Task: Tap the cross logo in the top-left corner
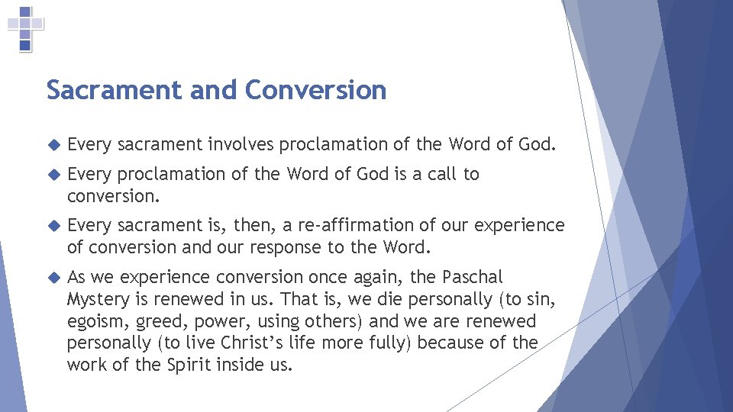[25, 28]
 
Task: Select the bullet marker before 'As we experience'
[53, 277]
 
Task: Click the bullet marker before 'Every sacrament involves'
[53, 144]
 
